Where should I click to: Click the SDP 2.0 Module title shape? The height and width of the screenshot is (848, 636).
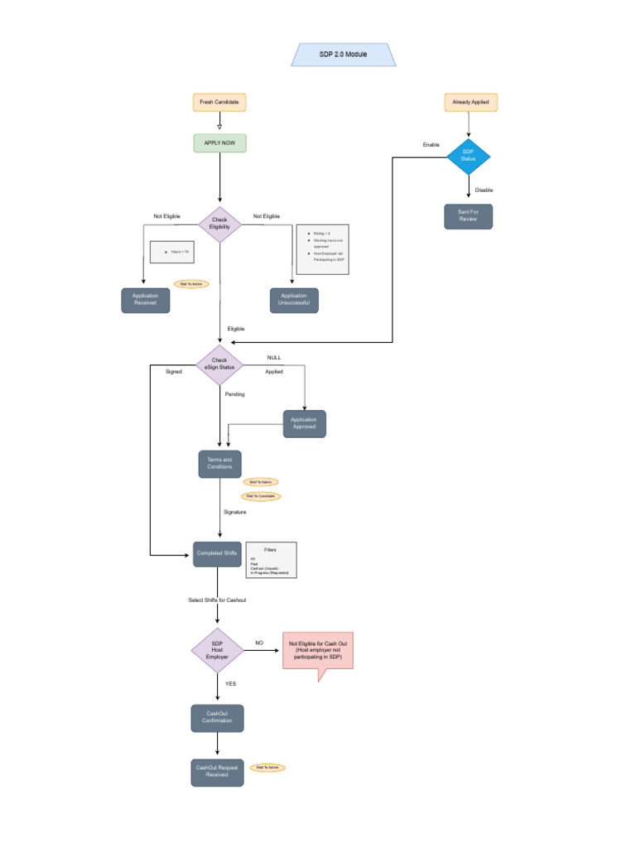tap(343, 55)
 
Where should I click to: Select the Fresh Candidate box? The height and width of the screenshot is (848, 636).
tap(219, 103)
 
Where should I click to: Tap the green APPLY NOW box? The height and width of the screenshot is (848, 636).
tap(219, 143)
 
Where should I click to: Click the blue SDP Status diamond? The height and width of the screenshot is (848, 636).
tap(469, 155)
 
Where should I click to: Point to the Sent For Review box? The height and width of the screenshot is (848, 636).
tap(469, 216)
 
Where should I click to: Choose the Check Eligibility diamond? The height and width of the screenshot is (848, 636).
tap(219, 224)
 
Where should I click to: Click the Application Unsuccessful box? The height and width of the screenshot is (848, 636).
tap(293, 300)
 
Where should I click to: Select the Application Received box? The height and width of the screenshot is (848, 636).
tap(146, 300)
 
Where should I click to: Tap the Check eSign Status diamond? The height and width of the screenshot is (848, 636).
tap(219, 365)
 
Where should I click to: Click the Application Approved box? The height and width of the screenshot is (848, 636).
tap(304, 423)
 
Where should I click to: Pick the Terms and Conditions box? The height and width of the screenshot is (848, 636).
tap(219, 464)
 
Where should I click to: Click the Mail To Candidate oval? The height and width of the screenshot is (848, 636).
tap(261, 496)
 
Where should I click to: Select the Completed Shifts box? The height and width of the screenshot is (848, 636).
tap(217, 553)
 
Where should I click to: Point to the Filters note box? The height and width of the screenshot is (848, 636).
tap(271, 561)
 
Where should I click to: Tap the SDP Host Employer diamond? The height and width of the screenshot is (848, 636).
tap(217, 651)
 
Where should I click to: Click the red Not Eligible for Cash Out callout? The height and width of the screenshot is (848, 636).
tap(319, 651)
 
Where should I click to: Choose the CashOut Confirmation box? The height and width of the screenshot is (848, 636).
tap(217, 717)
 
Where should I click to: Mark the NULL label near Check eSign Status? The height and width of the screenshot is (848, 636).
tap(274, 358)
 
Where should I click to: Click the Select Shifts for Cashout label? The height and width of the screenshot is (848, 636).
tap(217, 600)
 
